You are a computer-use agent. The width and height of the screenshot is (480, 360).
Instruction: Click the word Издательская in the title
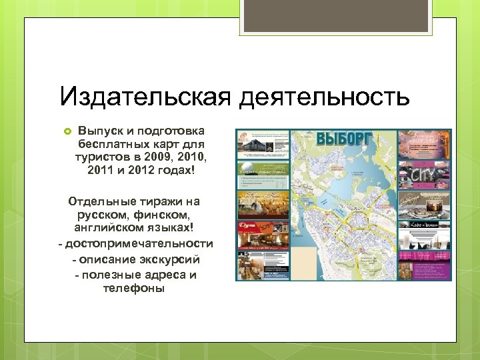click(145, 97)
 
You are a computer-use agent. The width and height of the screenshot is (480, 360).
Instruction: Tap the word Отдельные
click(100, 201)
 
